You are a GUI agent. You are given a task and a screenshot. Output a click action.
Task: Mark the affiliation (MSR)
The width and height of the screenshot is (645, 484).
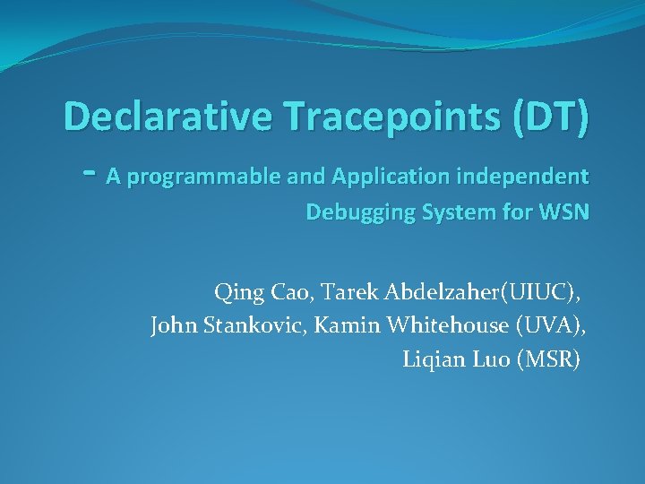click(548, 359)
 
